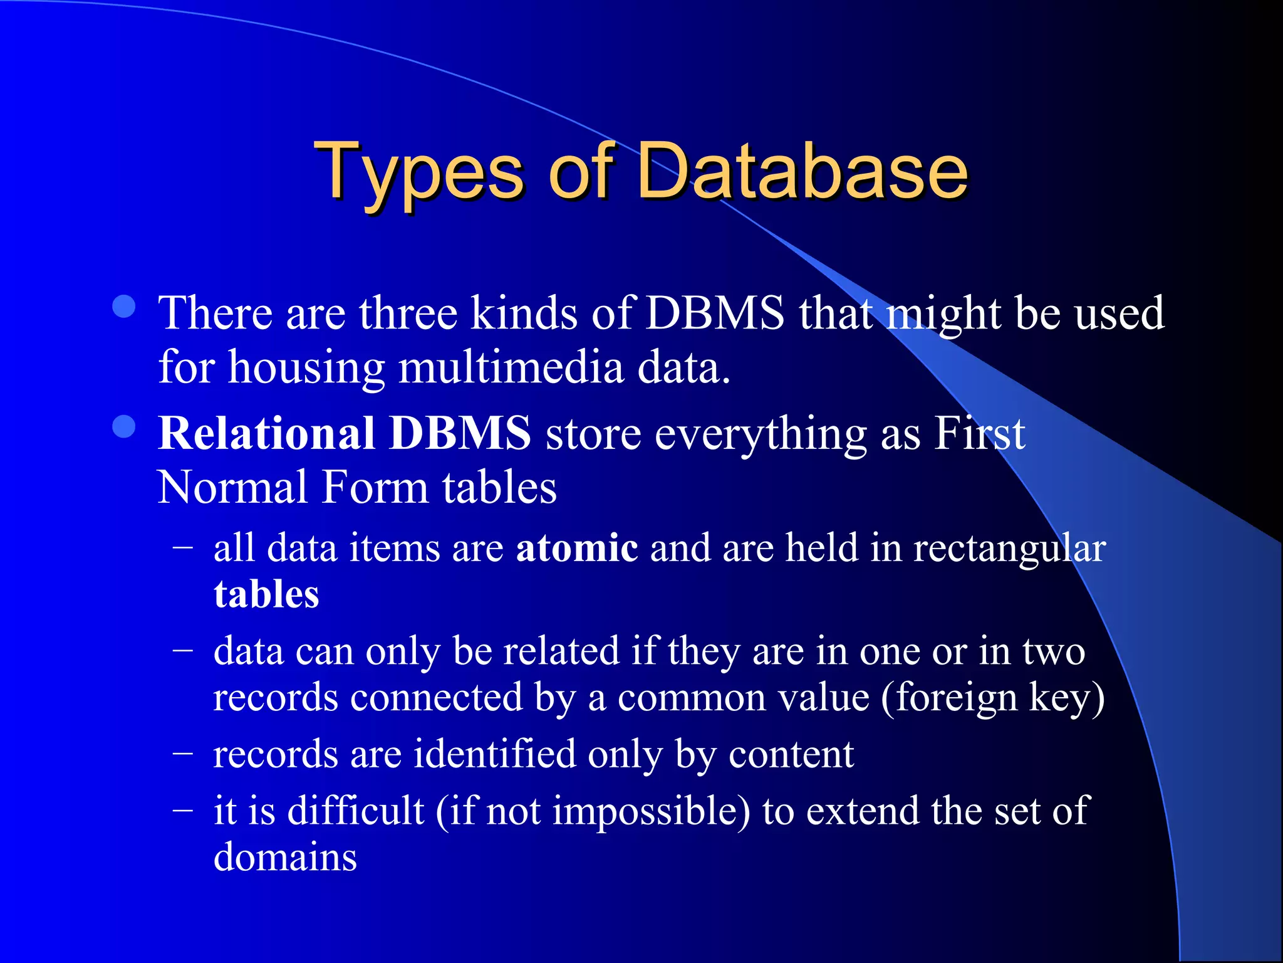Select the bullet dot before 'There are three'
tap(124, 307)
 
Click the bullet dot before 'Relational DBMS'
tap(124, 427)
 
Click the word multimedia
tap(511, 367)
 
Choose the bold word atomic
tap(576, 547)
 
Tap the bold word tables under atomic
tap(266, 594)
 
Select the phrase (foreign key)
tap(993, 698)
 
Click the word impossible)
tap(651, 811)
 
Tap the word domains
tap(285, 856)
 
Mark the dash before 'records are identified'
tap(182, 752)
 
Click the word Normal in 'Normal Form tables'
tap(232, 487)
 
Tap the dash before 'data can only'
tap(182, 650)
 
